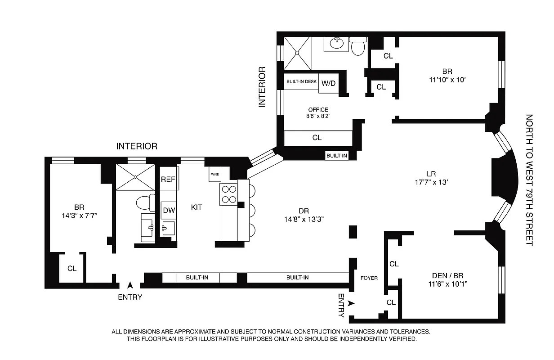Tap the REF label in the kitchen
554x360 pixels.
[x=168, y=179]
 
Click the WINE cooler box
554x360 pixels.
[x=214, y=174]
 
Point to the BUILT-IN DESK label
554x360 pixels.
[x=301, y=81]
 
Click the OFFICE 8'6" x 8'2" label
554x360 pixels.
[x=318, y=113]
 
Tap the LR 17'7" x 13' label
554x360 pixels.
[x=432, y=178]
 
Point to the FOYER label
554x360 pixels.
[x=369, y=278]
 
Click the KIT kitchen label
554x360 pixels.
[x=197, y=207]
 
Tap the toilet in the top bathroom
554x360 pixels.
[x=358, y=46]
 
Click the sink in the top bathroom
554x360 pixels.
[x=336, y=43]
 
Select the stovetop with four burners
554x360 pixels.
[x=228, y=194]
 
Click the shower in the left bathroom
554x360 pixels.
[x=135, y=177]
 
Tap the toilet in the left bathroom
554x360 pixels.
[x=145, y=203]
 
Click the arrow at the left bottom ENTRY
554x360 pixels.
[x=130, y=285]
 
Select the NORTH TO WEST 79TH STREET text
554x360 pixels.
[x=529, y=180]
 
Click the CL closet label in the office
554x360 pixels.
[x=317, y=138]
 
